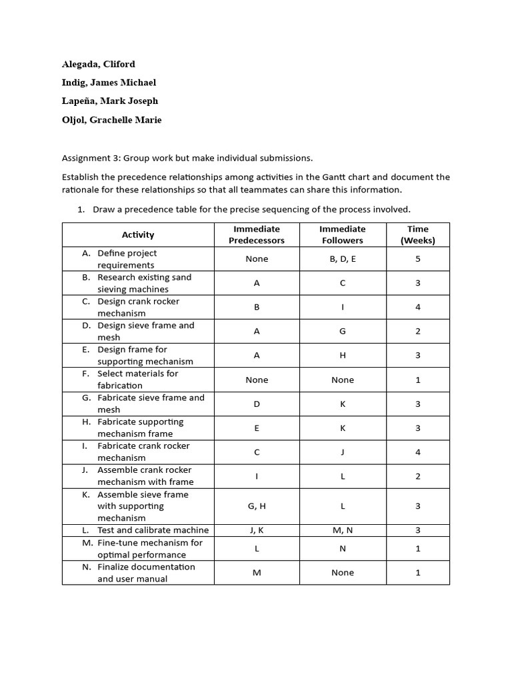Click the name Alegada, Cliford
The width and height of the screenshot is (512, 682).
pos(99,64)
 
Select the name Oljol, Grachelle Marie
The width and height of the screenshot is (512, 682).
pos(112,120)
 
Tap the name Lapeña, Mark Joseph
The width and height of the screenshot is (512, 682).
pos(110,101)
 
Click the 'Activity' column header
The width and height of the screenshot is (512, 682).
pos(138,234)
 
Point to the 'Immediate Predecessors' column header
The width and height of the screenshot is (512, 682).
pos(257,234)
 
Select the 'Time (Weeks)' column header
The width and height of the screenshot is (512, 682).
pos(418,234)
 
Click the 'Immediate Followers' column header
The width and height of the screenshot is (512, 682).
pos(343,234)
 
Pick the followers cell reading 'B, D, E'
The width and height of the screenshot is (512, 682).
pos(343,259)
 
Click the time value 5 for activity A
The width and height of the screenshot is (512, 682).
pos(418,259)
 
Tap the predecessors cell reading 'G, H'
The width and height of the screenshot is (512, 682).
pos(257,506)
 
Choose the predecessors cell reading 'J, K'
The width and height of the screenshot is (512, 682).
pos(257,530)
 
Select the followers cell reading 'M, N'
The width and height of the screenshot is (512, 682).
pos(343,530)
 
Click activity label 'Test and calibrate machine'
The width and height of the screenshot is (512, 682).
pos(153,530)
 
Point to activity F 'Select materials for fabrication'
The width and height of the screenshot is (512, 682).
pos(137,380)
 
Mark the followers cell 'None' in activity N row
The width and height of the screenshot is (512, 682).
pos(343,573)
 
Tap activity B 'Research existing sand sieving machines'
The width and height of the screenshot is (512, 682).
pos(144,283)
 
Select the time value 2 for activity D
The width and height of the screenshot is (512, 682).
pos(418,331)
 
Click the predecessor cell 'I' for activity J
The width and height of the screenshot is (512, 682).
pos(257,476)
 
